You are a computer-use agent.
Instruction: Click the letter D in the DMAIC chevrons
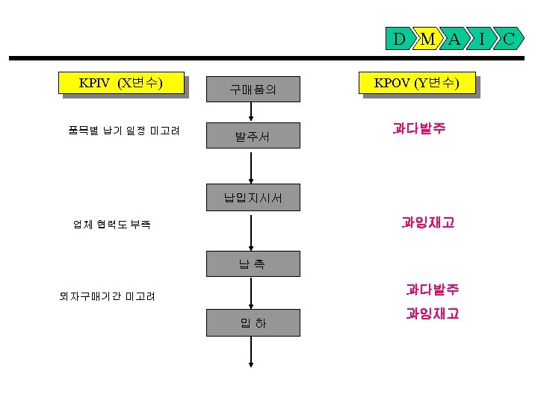point(400,38)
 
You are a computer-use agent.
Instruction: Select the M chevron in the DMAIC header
point(427,38)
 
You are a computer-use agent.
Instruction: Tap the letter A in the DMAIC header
point(454,38)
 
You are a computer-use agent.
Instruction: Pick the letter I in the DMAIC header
point(482,38)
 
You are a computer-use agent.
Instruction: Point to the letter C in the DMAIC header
point(510,38)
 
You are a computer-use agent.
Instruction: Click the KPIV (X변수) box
point(121,81)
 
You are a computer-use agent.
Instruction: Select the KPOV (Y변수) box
point(416,82)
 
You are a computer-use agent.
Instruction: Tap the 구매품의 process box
point(253,90)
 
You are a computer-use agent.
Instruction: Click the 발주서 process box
point(253,136)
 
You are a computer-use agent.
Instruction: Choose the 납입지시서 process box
point(253,198)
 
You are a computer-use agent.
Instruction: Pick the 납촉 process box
point(253,263)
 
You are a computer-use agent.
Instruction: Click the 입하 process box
point(253,323)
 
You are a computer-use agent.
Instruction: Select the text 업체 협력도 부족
point(111,223)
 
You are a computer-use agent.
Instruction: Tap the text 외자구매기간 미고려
point(107,296)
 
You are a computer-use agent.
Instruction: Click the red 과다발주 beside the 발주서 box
point(418,128)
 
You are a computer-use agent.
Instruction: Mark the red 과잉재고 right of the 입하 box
point(432,313)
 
